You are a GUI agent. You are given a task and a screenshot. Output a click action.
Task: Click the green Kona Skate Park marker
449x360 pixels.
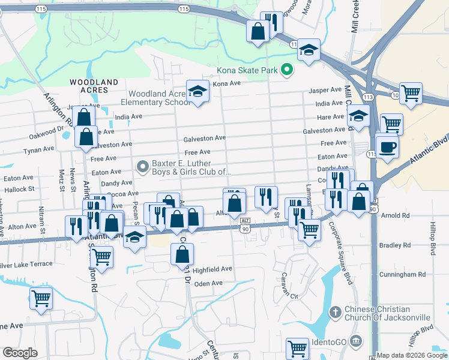click(x=287, y=70)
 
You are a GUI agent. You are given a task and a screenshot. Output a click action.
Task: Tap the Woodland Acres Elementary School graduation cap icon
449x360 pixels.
click(x=196, y=92)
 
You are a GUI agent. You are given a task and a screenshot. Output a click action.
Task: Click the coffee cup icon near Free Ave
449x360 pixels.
click(x=387, y=146)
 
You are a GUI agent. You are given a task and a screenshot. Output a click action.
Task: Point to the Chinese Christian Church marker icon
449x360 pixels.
click(x=336, y=312)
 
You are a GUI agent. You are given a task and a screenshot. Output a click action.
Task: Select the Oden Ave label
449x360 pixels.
click(x=208, y=283)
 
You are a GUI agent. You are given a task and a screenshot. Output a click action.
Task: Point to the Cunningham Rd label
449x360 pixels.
click(x=405, y=274)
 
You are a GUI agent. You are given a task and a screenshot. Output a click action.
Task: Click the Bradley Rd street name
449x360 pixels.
click(x=395, y=245)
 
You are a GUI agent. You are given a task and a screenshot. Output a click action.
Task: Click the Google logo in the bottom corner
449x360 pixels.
click(x=20, y=352)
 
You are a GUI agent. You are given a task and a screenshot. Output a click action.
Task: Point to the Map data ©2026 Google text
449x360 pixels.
click(x=412, y=355)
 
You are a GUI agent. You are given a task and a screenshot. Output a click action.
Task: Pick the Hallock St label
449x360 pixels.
click(x=19, y=188)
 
